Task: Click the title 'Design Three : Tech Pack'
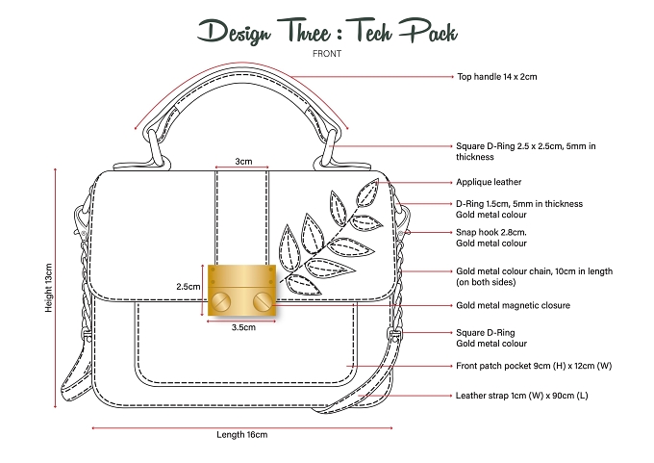pyautogui.click(x=327, y=31)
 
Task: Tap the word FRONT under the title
pyautogui.click(x=327, y=54)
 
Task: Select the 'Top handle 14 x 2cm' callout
pyautogui.click(x=497, y=76)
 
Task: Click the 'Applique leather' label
pyautogui.click(x=489, y=182)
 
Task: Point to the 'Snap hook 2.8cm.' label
pyautogui.click(x=490, y=232)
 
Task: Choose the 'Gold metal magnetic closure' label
pyautogui.click(x=513, y=305)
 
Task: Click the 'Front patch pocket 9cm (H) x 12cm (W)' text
pyautogui.click(x=534, y=366)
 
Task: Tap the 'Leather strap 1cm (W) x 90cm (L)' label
pyautogui.click(x=522, y=396)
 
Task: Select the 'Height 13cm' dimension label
pyautogui.click(x=49, y=288)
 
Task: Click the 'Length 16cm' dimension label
pyautogui.click(x=242, y=435)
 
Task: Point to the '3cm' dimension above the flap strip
pyautogui.click(x=243, y=161)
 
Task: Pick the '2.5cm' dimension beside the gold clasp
pyautogui.click(x=189, y=287)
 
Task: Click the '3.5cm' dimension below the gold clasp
pyautogui.click(x=243, y=327)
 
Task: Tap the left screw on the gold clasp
pyautogui.click(x=221, y=300)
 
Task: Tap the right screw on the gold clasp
pyautogui.click(x=263, y=300)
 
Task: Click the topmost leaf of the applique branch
pyautogui.click(x=367, y=193)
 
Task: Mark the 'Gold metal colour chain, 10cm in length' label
pyautogui.click(x=535, y=271)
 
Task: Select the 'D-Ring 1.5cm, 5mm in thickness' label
pyautogui.click(x=519, y=204)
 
